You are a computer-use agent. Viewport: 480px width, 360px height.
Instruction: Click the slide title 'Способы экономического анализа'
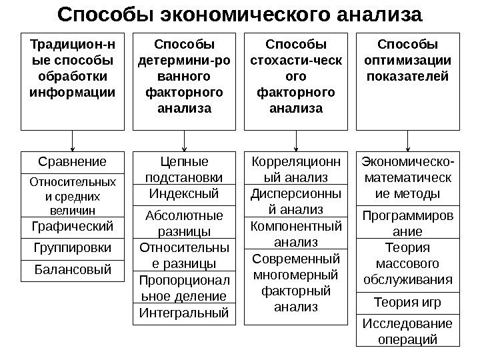[240, 14]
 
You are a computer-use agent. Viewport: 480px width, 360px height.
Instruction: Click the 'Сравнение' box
[73, 161]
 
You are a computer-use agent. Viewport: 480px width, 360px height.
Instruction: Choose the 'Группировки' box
[73, 248]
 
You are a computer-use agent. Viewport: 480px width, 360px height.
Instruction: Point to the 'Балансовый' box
[73, 271]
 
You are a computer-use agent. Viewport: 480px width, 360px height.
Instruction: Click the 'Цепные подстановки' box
[184, 169]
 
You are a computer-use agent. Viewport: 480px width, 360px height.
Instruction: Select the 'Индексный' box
[184, 193]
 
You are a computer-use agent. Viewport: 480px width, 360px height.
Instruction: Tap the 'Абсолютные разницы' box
[184, 222]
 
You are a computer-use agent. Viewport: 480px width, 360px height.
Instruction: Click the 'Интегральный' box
[184, 311]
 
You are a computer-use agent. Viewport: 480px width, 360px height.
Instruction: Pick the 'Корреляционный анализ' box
[296, 169]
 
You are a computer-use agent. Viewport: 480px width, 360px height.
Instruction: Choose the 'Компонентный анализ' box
[296, 233]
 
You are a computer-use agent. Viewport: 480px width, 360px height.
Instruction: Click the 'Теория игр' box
[408, 303]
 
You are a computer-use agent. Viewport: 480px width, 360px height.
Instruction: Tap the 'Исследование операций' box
[408, 331]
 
